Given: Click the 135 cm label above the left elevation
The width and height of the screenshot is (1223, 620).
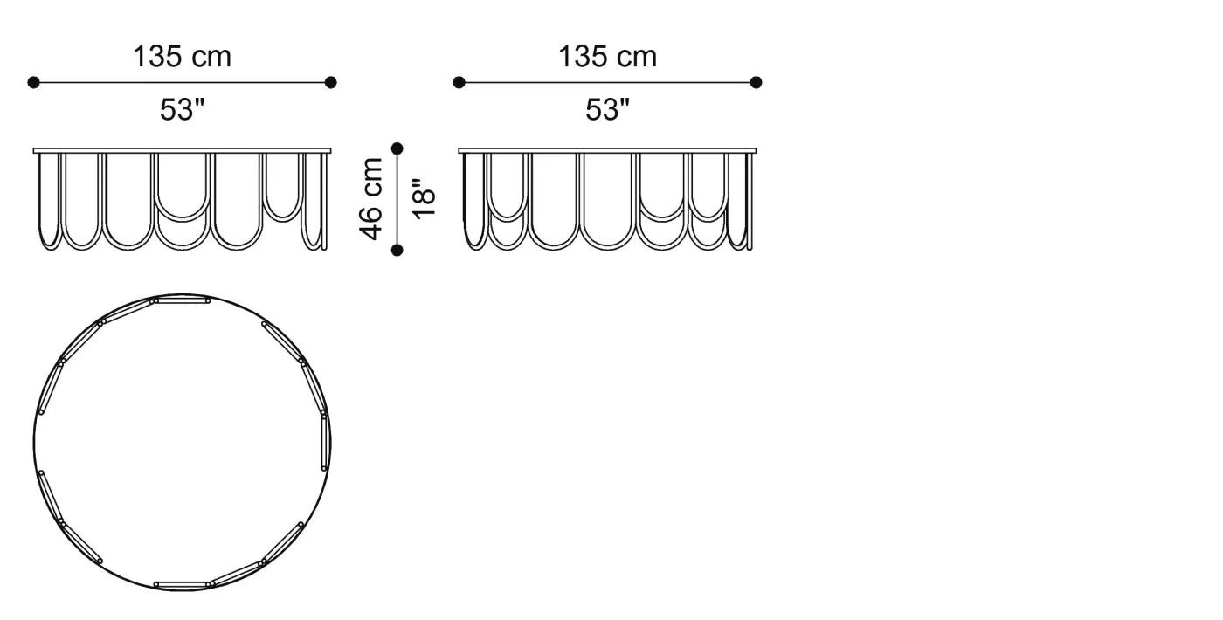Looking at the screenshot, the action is point(183,57).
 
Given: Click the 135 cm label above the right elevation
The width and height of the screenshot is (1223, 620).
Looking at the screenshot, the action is point(608,57).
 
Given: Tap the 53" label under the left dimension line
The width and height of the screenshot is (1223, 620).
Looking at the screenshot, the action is point(183,110).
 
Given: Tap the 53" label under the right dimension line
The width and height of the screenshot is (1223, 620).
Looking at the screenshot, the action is point(608,110).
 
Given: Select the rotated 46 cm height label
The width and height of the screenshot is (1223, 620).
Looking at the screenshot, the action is point(371,199).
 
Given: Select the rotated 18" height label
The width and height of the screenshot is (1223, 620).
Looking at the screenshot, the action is point(424,199).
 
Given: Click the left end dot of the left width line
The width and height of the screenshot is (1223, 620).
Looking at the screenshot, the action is point(33,82).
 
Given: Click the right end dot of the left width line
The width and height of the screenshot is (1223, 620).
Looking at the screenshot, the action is point(330,82).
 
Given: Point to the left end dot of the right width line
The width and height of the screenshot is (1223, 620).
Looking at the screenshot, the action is point(459,82).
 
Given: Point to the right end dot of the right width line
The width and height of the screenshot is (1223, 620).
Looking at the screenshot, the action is point(757,82).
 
